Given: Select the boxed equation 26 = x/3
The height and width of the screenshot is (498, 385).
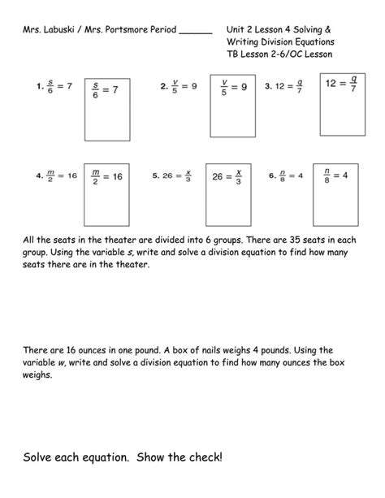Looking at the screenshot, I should (227, 177).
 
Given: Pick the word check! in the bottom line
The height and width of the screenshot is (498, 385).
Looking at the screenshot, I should (203, 458).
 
